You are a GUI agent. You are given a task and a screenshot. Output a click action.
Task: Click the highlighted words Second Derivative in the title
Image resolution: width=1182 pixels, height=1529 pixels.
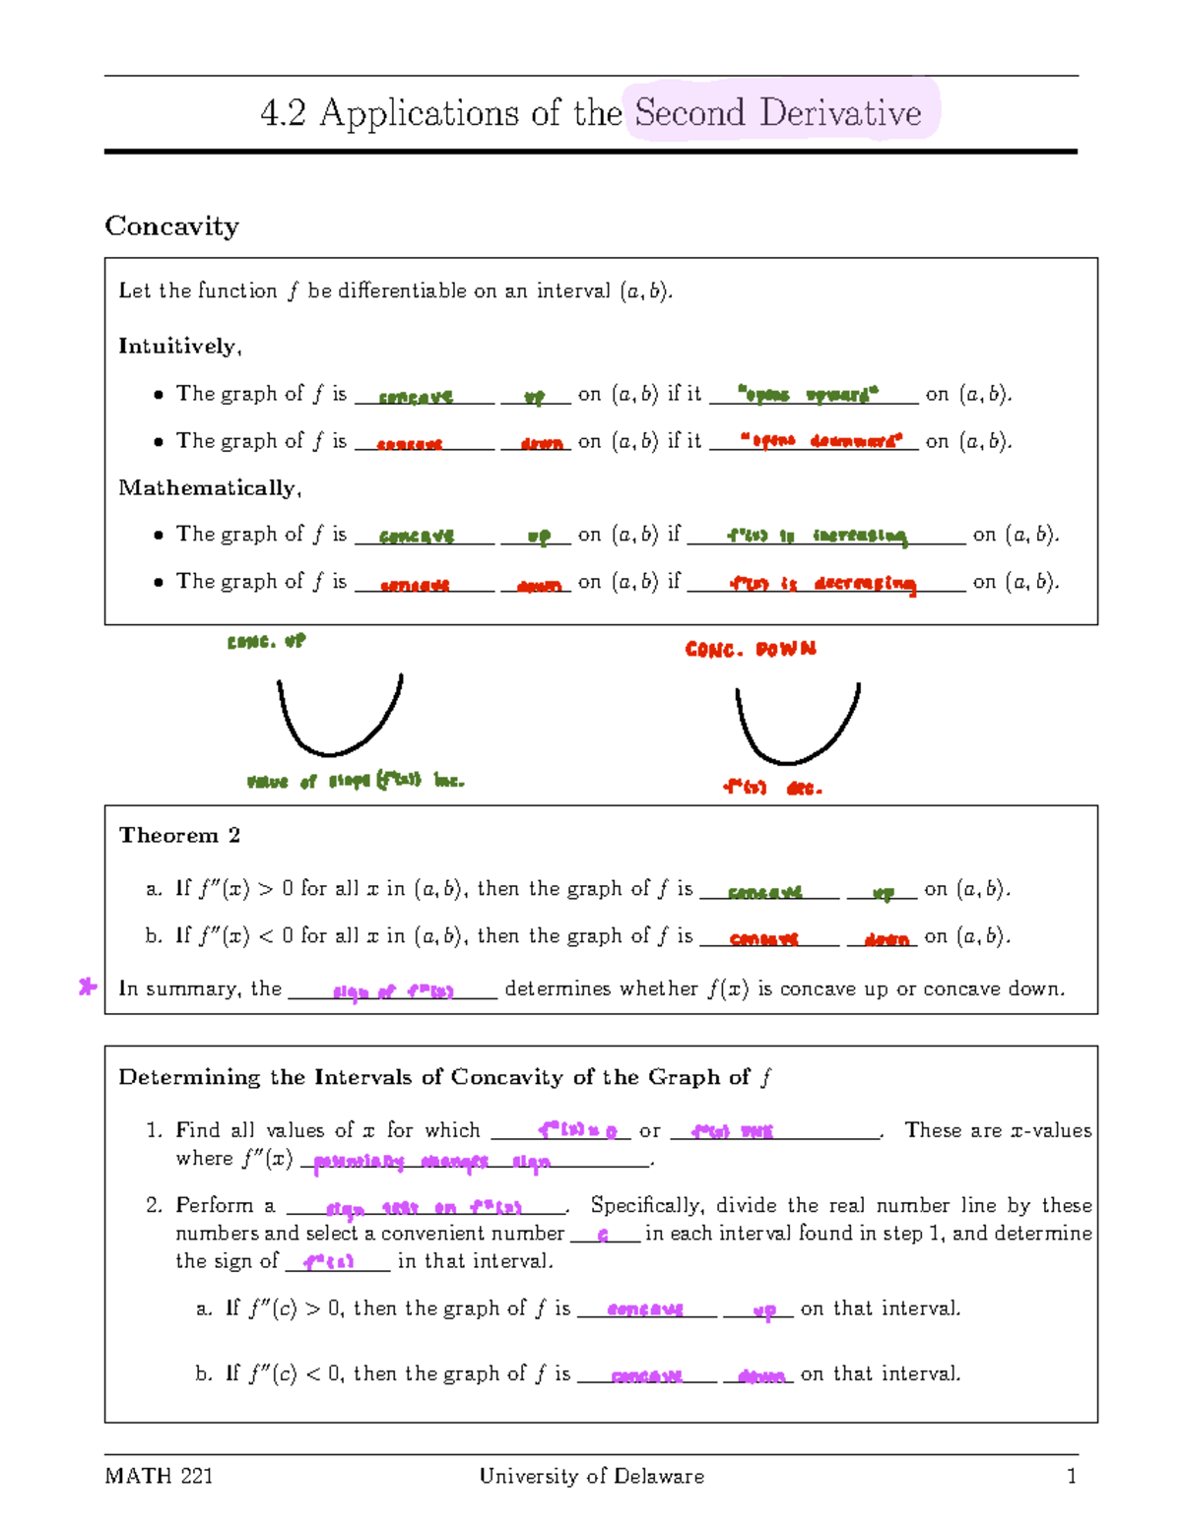(x=778, y=112)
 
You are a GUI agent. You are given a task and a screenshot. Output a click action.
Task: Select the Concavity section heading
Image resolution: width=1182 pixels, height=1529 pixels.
(x=171, y=225)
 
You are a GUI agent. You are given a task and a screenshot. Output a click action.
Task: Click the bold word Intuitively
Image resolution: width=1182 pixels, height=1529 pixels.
(x=178, y=346)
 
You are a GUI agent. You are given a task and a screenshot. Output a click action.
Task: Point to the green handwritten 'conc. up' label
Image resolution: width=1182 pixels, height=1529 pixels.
(x=266, y=641)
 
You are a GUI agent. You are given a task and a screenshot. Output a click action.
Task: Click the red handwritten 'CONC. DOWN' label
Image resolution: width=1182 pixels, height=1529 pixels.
(x=751, y=649)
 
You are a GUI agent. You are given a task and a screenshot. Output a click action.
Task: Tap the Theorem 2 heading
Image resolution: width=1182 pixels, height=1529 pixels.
(x=179, y=835)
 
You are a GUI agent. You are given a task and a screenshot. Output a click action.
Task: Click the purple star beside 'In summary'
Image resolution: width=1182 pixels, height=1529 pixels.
(x=88, y=987)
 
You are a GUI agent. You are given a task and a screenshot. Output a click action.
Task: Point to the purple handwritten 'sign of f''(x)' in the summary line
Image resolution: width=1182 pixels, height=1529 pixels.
(x=393, y=991)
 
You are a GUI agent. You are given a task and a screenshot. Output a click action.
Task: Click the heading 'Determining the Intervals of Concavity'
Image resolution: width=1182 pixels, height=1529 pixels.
(x=443, y=1077)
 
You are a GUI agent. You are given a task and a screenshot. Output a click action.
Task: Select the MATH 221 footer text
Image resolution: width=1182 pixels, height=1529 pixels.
(x=159, y=1476)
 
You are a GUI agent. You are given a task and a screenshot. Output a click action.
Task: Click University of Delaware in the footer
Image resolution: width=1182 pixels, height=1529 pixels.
(x=591, y=1476)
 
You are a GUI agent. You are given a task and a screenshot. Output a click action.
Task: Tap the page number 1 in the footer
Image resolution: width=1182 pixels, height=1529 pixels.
(x=1072, y=1476)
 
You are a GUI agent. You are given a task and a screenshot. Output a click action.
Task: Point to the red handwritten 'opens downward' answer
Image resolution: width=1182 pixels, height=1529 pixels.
(x=821, y=441)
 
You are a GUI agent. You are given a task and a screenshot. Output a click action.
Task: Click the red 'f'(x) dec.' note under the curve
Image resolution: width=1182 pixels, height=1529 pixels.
(x=771, y=788)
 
